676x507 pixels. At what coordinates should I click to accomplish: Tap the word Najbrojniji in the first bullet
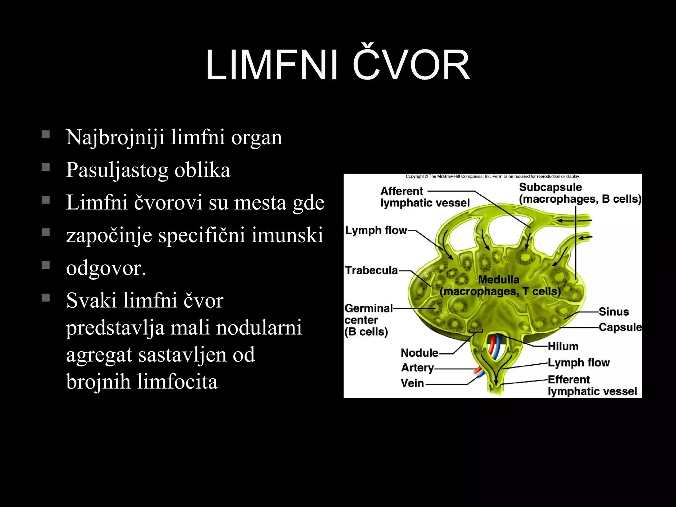pyautogui.click(x=115, y=137)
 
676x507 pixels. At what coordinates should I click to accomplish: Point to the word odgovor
pyautogui.click(x=106, y=268)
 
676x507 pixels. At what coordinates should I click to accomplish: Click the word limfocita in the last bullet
pyautogui.click(x=177, y=382)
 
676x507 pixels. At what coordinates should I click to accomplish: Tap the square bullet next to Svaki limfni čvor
pyautogui.click(x=46, y=298)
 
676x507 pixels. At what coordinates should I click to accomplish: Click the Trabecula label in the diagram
pyautogui.click(x=371, y=270)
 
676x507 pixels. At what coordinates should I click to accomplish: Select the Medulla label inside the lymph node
pyautogui.click(x=499, y=280)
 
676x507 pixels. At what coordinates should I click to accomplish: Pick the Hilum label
pyautogui.click(x=563, y=346)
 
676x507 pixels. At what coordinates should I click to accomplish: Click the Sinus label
pyautogui.click(x=614, y=312)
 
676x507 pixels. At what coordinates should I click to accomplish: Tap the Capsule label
pyautogui.click(x=620, y=327)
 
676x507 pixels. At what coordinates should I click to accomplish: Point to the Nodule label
pyautogui.click(x=419, y=353)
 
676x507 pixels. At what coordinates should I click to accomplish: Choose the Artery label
pyautogui.click(x=418, y=367)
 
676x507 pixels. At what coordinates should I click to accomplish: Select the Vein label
pyautogui.click(x=412, y=383)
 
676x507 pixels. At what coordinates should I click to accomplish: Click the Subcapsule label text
pyautogui.click(x=550, y=187)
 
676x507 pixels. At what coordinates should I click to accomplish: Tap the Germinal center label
pyautogui.click(x=368, y=314)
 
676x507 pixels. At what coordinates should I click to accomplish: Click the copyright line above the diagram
pyautogui.click(x=492, y=176)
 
